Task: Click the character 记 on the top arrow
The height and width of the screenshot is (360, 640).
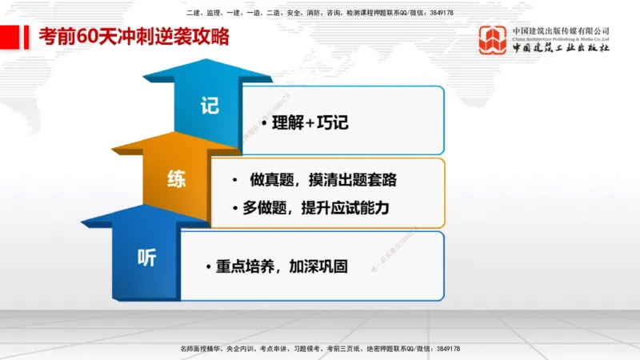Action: click(x=210, y=106)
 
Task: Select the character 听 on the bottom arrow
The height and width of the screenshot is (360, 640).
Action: click(x=146, y=258)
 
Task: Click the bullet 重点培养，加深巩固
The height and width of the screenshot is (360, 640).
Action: click(x=280, y=266)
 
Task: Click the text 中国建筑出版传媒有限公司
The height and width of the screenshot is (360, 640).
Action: click(x=561, y=30)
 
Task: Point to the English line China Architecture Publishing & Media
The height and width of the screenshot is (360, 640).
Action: click(x=561, y=39)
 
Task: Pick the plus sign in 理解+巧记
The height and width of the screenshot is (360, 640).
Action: click(x=310, y=124)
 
